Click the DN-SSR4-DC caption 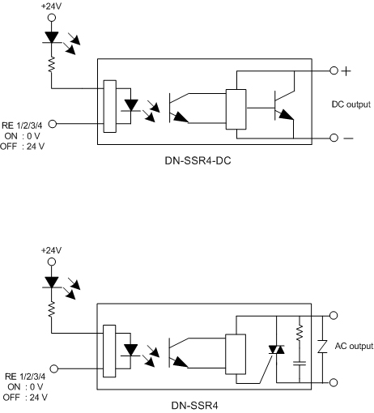click(x=198, y=161)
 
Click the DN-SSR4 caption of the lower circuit click(x=194, y=406)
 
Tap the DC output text click(x=351, y=104)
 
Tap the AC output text click(x=354, y=346)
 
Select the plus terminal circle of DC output click(x=334, y=70)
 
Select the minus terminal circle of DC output click(x=334, y=138)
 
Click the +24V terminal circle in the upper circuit click(x=52, y=18)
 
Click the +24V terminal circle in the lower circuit click(x=52, y=262)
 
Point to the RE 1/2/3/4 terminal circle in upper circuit click(x=53, y=124)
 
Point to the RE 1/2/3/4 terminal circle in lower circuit click(x=54, y=368)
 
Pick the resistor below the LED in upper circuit click(x=51, y=64)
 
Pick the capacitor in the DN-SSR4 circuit click(x=300, y=364)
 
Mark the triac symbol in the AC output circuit click(x=276, y=350)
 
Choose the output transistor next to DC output click(x=284, y=105)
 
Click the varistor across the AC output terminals click(x=322, y=347)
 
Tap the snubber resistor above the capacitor click(x=300, y=333)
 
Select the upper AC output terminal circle click(x=334, y=315)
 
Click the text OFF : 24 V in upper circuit click(x=22, y=147)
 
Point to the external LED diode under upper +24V click(x=52, y=37)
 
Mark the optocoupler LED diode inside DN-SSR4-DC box click(x=131, y=105)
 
